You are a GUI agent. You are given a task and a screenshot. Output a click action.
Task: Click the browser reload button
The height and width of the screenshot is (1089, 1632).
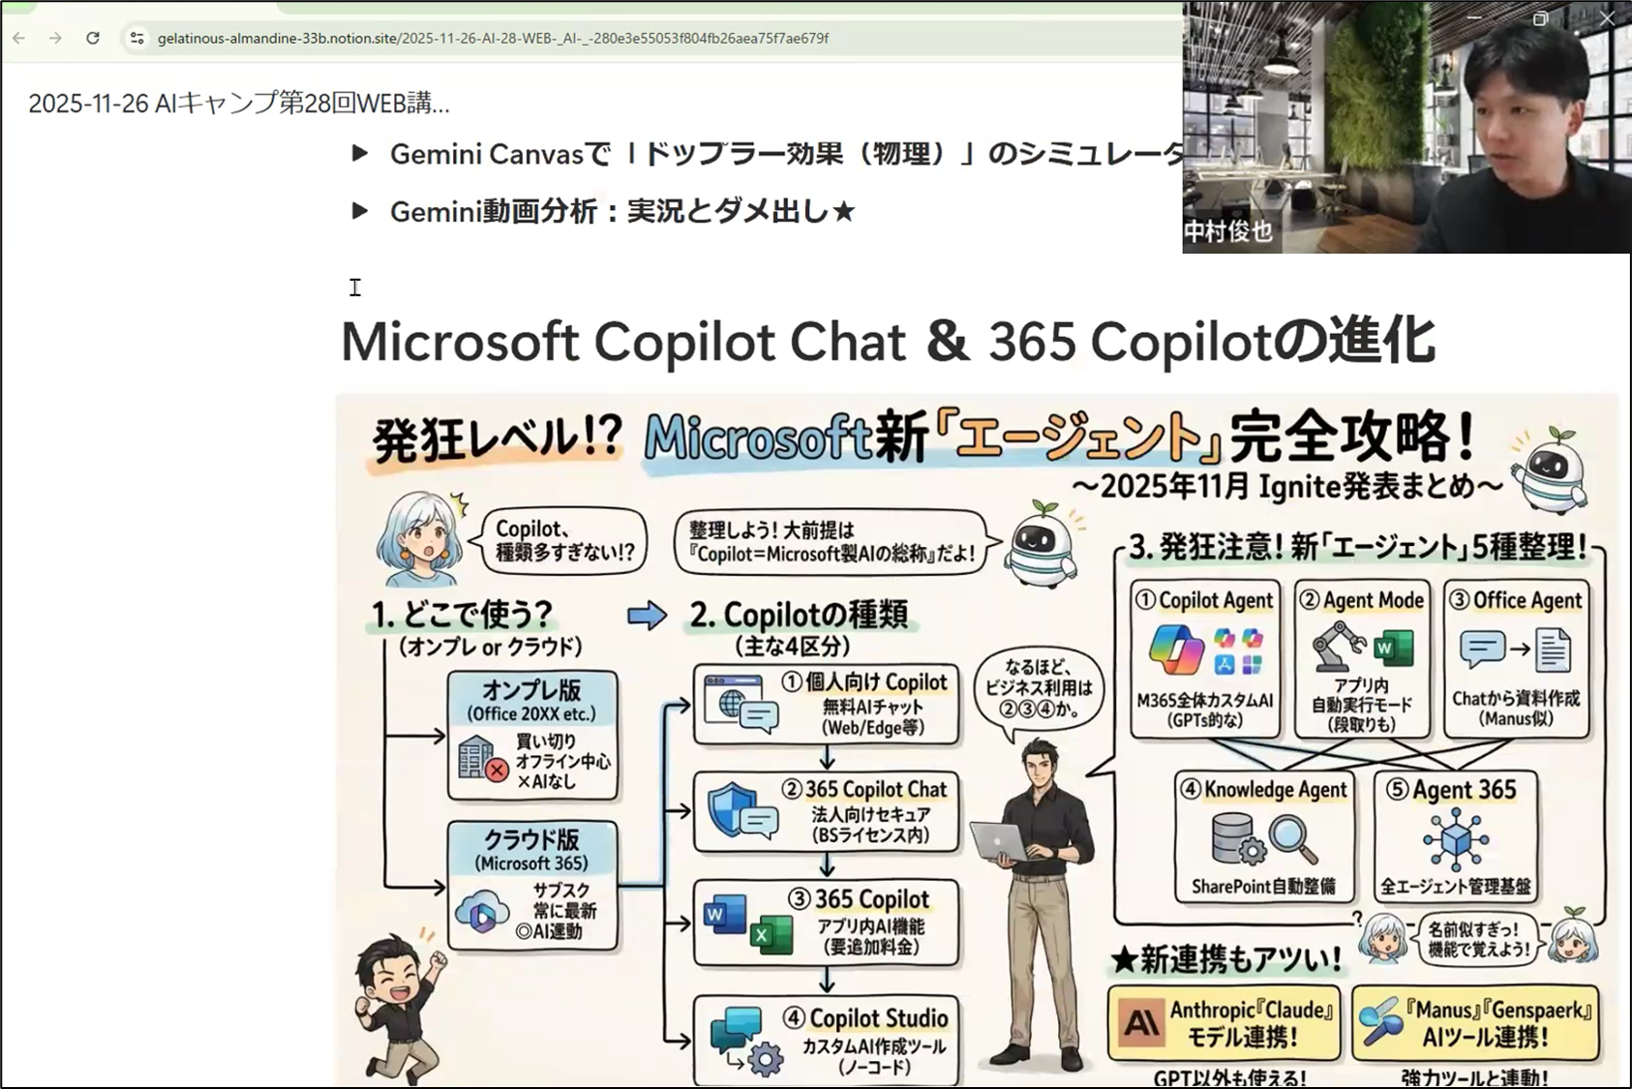click(93, 38)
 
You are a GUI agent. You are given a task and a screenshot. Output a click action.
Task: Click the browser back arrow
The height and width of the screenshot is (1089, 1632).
click(19, 38)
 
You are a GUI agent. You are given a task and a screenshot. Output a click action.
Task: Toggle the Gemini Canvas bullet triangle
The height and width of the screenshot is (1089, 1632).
click(359, 153)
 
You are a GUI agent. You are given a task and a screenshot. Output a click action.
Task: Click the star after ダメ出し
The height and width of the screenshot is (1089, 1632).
click(843, 211)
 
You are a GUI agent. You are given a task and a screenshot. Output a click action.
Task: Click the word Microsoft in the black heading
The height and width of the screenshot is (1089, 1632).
click(460, 342)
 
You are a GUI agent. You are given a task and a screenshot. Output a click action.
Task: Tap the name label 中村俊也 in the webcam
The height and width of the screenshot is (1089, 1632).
click(1227, 232)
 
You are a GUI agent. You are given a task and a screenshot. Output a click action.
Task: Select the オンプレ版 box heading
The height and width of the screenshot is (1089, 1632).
click(531, 690)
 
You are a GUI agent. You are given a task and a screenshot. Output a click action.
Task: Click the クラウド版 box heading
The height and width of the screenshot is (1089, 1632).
click(531, 839)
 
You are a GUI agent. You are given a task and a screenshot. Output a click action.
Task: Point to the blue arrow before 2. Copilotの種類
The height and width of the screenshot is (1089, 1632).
click(647, 616)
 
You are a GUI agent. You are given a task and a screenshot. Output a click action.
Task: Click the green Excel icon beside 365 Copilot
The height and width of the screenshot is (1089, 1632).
click(771, 935)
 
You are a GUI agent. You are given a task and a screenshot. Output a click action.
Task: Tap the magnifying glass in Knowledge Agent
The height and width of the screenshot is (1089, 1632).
click(1293, 840)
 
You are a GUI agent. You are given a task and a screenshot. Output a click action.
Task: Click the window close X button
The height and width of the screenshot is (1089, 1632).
click(1607, 18)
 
